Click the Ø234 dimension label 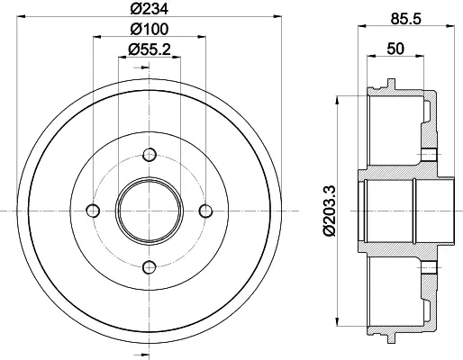[150, 9]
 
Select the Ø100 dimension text [150, 29]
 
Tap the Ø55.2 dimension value [150, 49]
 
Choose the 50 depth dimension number [395, 49]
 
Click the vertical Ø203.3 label [330, 211]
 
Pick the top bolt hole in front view [150, 155]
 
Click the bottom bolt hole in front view [150, 267]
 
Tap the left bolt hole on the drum [93, 211]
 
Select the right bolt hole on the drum [205, 211]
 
